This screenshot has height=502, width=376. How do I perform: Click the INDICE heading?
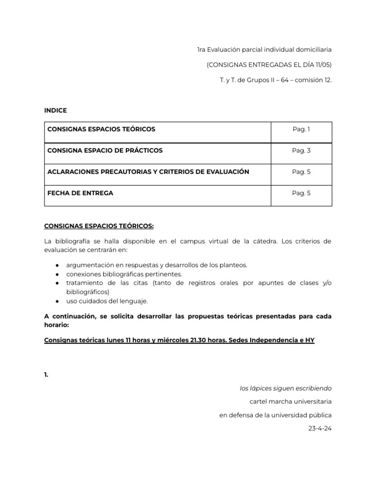coord(55,110)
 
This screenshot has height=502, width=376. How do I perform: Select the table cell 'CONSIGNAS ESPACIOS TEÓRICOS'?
coord(101,129)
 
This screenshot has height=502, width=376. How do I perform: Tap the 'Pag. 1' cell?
coord(301,129)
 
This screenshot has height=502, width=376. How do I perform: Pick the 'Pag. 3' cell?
coord(301,151)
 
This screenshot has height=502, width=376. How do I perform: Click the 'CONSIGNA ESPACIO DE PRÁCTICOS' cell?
coord(105,151)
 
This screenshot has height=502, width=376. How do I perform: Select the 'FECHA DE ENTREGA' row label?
coord(80,193)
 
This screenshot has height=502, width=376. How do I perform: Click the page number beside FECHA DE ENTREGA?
coord(301,193)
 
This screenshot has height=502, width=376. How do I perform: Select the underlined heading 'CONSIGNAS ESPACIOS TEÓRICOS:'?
coord(99,226)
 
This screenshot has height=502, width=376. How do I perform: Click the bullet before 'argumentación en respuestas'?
coord(57,265)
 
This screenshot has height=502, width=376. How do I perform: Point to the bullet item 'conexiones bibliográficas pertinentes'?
coord(124,274)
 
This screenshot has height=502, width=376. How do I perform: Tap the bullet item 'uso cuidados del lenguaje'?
coord(107,301)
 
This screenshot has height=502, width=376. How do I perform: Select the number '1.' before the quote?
coord(47,375)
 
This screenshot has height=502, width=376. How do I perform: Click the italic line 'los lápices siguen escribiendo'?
coord(285,388)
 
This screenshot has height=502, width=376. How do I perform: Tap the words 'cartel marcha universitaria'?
coord(290,402)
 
